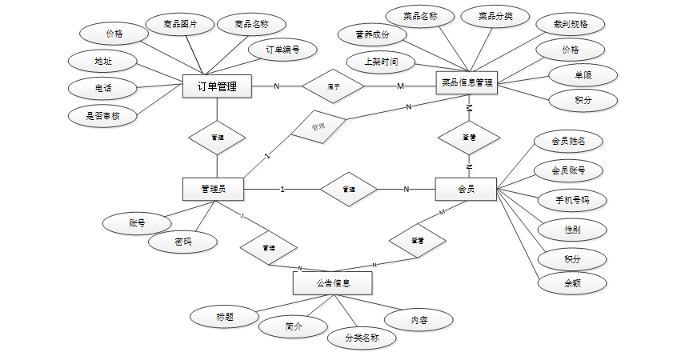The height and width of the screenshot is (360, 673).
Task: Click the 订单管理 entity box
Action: tap(217, 86)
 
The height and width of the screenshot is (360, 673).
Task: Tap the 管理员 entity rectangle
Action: tap(214, 189)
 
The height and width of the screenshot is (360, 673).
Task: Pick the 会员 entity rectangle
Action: tap(466, 190)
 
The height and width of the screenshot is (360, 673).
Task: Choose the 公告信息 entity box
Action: tap(332, 283)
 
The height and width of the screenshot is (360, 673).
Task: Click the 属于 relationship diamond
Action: tap(333, 86)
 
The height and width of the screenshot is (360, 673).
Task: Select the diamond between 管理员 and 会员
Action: tap(348, 190)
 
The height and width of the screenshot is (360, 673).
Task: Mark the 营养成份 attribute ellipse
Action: tap(373, 34)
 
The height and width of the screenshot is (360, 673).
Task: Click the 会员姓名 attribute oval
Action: tap(568, 142)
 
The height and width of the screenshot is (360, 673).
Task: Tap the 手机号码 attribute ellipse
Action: tap(571, 200)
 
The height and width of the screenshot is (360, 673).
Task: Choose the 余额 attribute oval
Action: tap(571, 283)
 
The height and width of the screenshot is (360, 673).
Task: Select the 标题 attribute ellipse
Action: tap(224, 316)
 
